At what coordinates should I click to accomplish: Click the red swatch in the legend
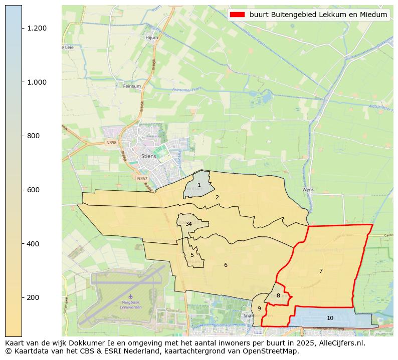237,15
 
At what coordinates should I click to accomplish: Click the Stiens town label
149,156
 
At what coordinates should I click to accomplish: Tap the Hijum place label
151,38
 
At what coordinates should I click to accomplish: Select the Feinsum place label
132,86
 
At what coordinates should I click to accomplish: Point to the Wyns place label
308,190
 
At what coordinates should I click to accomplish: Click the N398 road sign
111,143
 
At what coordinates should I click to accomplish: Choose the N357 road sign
142,178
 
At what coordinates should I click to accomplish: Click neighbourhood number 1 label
199,185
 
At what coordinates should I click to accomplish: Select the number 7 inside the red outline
321,271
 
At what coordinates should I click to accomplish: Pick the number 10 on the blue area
330,318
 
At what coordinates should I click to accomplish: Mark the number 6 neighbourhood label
226,265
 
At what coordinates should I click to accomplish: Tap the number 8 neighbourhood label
278,296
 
